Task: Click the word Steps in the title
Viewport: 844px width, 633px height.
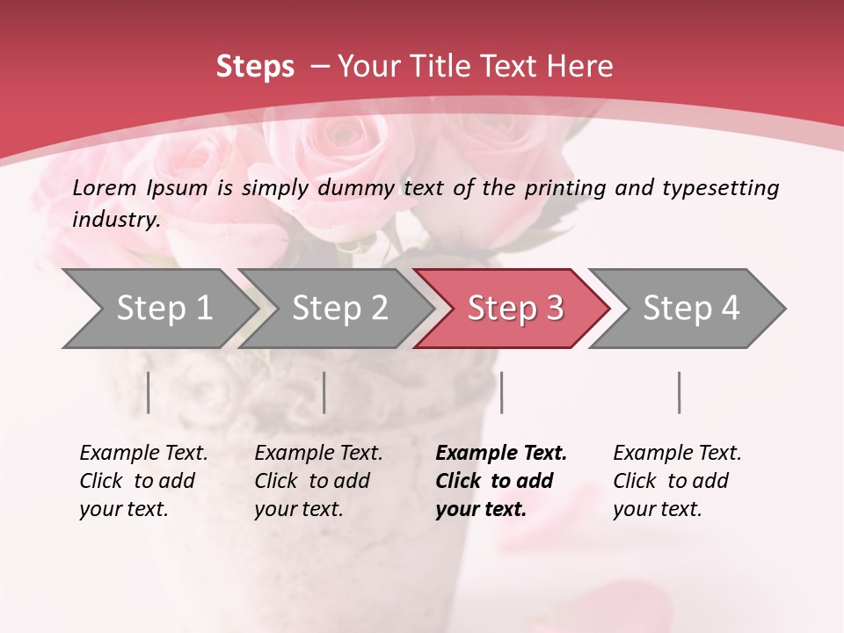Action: click(255, 67)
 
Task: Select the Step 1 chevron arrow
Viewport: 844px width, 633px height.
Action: click(158, 309)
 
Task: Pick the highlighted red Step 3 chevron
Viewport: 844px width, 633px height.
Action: click(514, 309)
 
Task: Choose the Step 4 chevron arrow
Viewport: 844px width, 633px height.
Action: click(690, 309)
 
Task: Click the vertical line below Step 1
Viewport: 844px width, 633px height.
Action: click(149, 392)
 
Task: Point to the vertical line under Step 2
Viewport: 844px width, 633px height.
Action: click(324, 392)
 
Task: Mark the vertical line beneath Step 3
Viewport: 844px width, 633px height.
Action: click(501, 392)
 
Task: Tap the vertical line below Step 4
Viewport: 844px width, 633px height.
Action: click(680, 392)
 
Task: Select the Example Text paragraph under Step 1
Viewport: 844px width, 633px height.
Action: click(143, 480)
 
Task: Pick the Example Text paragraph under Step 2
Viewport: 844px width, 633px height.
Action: click(318, 480)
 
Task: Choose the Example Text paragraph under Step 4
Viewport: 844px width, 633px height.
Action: click(677, 480)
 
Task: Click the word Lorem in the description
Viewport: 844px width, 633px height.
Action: click(104, 188)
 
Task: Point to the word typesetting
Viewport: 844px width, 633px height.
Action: click(720, 188)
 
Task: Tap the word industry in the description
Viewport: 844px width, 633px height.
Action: click(116, 220)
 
